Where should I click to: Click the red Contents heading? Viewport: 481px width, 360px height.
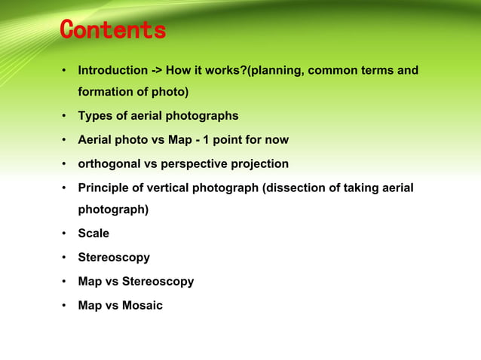[x=112, y=31]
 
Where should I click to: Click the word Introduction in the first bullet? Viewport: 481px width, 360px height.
[x=113, y=71]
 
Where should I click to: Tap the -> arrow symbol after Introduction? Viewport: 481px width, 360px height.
[x=157, y=71]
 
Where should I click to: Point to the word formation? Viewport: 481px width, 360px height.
[x=106, y=93]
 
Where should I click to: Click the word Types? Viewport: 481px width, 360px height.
[x=94, y=116]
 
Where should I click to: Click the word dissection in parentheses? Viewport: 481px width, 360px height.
[x=293, y=188]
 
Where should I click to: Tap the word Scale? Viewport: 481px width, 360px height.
[x=93, y=233]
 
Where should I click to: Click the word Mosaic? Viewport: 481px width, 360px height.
[x=142, y=306]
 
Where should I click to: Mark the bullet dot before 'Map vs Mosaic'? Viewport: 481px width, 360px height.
[x=66, y=307]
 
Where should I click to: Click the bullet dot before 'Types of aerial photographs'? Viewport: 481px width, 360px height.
[x=66, y=117]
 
